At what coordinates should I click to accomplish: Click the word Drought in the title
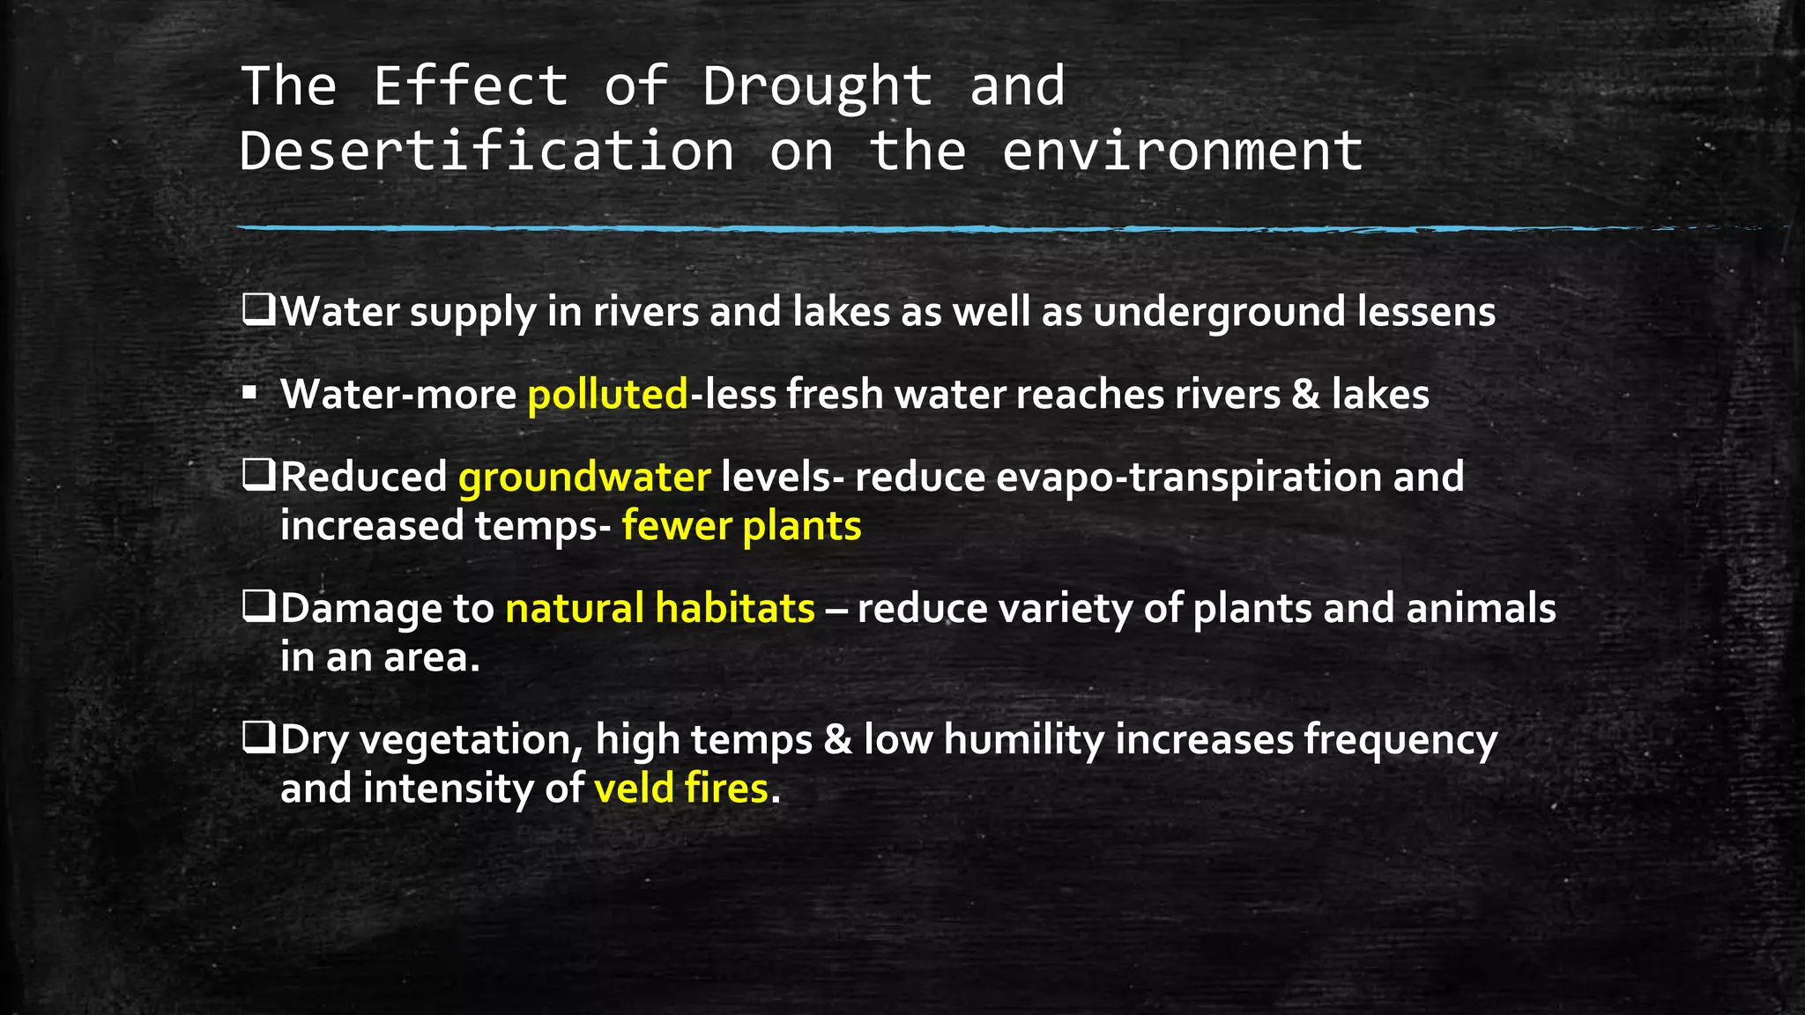tap(817, 86)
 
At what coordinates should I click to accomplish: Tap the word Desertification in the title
tap(487, 151)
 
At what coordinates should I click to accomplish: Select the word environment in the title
tap(1182, 151)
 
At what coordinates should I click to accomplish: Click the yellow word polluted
tap(607, 394)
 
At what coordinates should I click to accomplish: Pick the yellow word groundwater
tap(583, 477)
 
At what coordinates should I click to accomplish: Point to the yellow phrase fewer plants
tap(741, 526)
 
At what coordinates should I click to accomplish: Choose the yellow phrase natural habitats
tap(660, 609)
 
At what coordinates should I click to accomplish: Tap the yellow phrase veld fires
tap(680, 788)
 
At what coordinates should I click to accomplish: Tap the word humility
tap(1023, 739)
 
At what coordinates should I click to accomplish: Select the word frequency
tap(1400, 739)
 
